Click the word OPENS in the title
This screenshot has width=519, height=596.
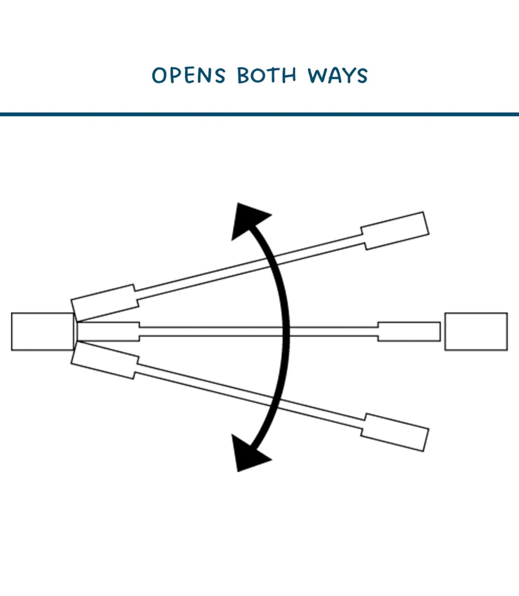coord(188,75)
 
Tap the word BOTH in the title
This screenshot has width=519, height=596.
coord(266,75)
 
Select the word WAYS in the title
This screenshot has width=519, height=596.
coord(337,75)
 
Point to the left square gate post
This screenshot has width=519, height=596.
coord(43,331)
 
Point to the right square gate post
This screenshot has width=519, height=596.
coord(476,331)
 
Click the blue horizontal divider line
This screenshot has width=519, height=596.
coord(259,114)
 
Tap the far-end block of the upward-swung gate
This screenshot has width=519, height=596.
coord(395,231)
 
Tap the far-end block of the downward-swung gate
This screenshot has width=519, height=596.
coord(395,432)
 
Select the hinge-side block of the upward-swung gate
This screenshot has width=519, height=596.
coord(104,303)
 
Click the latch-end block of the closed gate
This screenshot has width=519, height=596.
coord(409,331)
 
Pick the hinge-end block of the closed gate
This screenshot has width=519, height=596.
coord(108,331)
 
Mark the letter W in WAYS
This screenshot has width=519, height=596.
coord(318,75)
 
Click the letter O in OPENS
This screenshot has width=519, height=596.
coord(159,75)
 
